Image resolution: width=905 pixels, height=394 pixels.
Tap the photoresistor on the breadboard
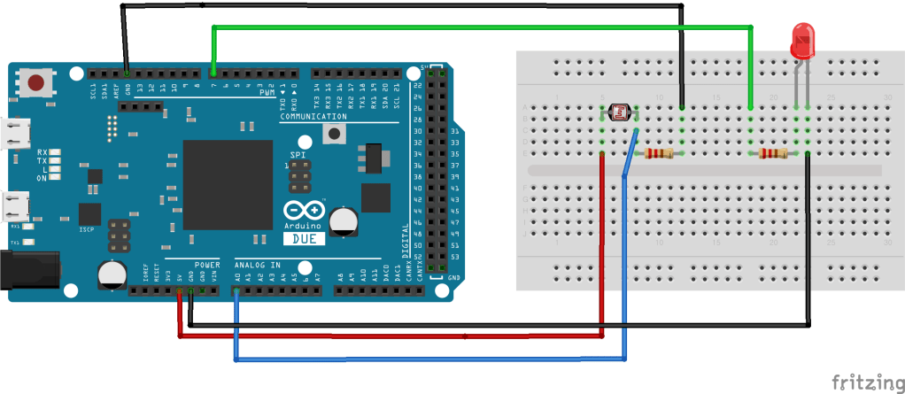click(619, 112)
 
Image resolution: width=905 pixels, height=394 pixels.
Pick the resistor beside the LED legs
click(773, 154)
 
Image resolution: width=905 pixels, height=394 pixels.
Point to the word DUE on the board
click(303, 237)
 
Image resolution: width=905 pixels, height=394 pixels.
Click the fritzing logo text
click(868, 382)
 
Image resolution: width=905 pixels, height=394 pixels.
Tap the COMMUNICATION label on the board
click(313, 117)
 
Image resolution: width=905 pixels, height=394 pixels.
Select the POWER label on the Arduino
click(207, 265)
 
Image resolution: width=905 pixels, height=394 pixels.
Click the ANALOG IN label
click(257, 265)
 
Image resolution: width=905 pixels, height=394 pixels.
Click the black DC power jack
click(27, 269)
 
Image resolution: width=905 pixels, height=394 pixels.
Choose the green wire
click(478, 28)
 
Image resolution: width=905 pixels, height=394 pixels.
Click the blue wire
click(425, 359)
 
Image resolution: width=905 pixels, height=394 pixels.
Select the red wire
click(390, 336)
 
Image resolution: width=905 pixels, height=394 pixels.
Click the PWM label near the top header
click(267, 91)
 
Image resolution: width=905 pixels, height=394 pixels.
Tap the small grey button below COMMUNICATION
click(334, 135)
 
